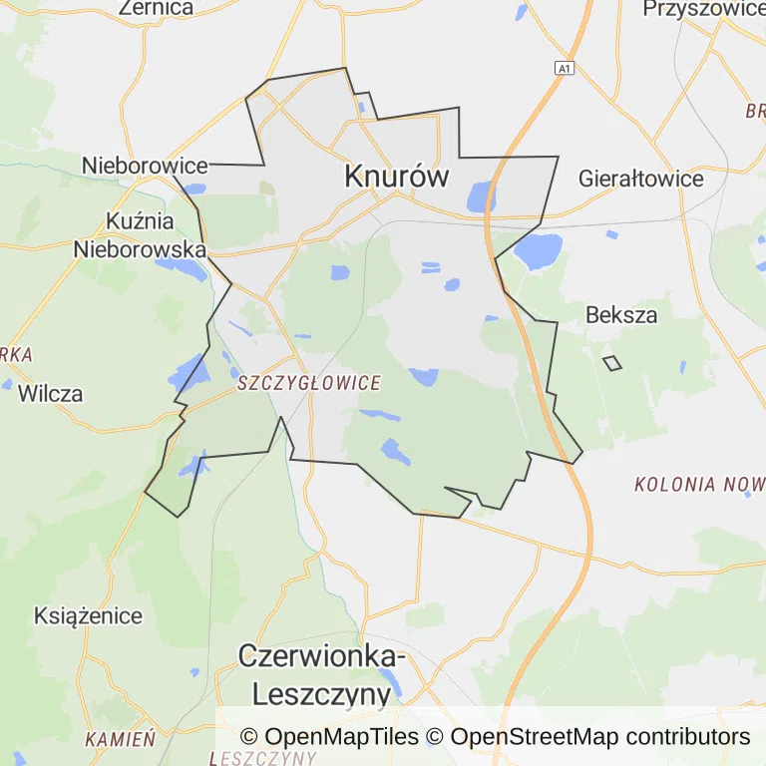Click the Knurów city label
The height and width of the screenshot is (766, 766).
[x=396, y=177]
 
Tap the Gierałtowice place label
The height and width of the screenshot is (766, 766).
[x=641, y=180]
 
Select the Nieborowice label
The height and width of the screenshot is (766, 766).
[x=145, y=166]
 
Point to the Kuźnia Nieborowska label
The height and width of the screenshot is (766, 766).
[x=140, y=234]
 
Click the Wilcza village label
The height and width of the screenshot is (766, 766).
[x=50, y=393]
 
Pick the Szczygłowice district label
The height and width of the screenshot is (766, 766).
[x=309, y=383]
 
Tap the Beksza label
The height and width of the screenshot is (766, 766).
[x=621, y=315]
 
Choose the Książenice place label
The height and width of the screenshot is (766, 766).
[x=88, y=615]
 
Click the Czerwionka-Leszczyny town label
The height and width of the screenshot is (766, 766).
[x=321, y=675]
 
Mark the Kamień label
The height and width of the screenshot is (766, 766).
[x=120, y=740]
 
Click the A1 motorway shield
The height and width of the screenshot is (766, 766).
[x=566, y=68]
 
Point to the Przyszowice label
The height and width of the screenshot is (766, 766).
[x=704, y=9]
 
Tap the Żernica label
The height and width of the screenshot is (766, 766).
[x=156, y=8]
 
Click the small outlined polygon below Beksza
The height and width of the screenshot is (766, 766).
[x=612, y=363]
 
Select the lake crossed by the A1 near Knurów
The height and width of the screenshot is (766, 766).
[x=482, y=196]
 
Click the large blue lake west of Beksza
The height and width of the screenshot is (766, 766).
[x=538, y=251]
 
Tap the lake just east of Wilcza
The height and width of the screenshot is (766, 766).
[x=190, y=374]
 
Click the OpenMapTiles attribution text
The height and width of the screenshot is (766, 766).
[x=329, y=737]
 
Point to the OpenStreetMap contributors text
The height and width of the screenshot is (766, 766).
[x=600, y=737]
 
